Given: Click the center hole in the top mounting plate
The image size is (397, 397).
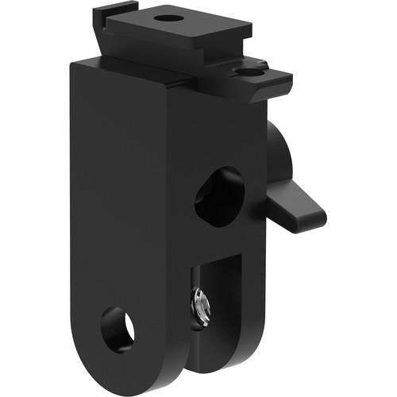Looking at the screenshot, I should (167, 17).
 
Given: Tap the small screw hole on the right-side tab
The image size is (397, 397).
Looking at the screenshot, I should (251, 71).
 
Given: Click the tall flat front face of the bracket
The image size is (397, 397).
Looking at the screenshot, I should (119, 198).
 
